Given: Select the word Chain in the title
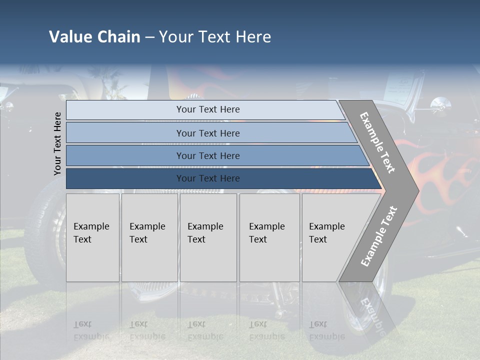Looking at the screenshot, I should point(118,37).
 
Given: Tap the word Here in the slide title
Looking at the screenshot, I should point(253,37).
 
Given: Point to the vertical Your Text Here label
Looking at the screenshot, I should point(57,143).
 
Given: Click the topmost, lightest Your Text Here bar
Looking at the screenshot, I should point(208,109).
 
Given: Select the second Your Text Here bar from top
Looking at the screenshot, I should point(208,133).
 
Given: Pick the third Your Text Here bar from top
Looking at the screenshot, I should point(208,155).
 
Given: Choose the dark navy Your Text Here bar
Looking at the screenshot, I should point(208,178).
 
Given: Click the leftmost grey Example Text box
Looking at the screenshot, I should point(92,237).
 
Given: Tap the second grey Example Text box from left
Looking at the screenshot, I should point(149,237).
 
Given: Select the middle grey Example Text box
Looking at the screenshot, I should point(208,237).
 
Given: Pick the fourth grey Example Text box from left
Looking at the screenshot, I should point(269,237).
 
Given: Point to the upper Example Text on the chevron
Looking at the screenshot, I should point(377,142).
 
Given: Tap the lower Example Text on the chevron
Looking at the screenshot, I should point(379,236).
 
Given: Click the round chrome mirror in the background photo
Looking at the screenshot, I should point(440,104).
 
